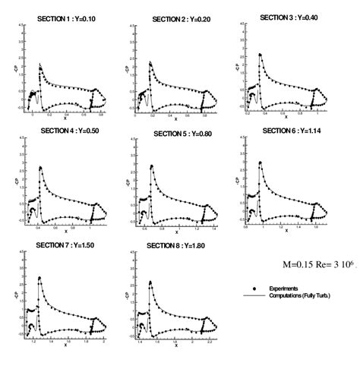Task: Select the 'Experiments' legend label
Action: [284, 289]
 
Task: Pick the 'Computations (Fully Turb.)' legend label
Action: [305, 295]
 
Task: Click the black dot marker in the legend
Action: [254, 289]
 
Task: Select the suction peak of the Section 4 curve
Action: [39, 166]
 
